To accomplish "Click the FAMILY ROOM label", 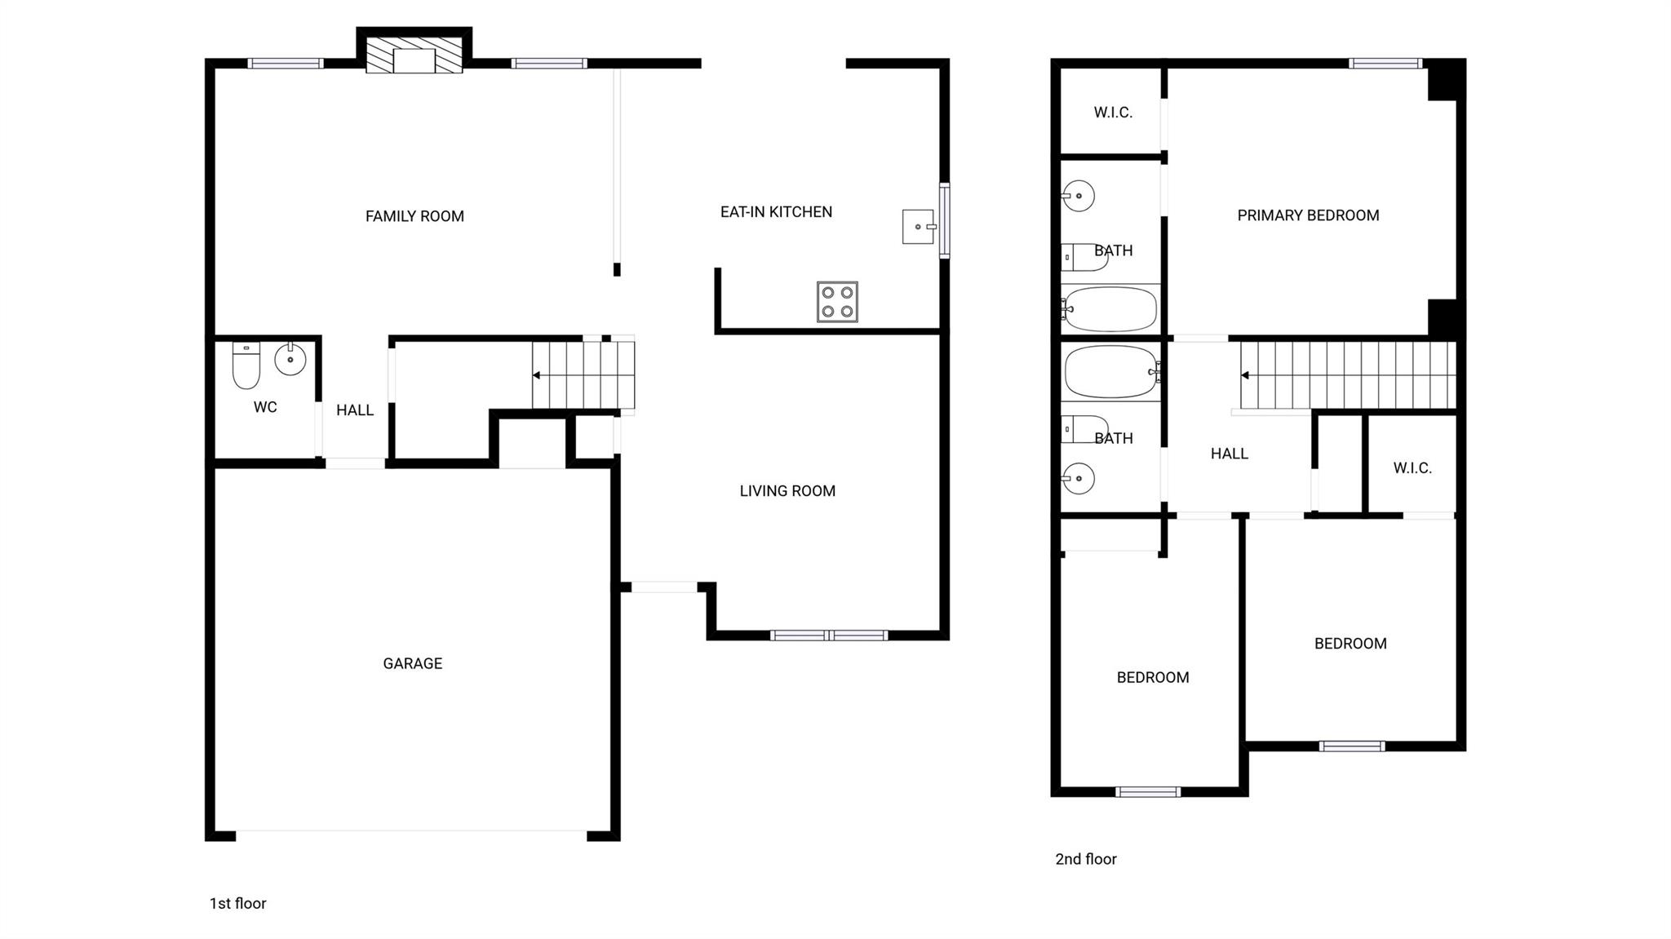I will click(414, 216).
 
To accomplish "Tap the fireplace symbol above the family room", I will click(414, 55).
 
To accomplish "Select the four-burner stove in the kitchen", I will click(837, 302).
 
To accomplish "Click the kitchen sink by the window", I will click(918, 227).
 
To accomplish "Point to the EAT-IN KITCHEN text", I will click(776, 212).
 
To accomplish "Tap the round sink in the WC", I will click(290, 359).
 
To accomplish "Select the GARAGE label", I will click(412, 663).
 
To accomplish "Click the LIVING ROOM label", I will click(787, 491).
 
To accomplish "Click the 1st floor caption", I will click(237, 903).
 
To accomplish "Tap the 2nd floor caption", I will click(1085, 859).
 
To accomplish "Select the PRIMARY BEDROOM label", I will click(1308, 215).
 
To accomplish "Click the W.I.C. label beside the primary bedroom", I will click(1113, 113).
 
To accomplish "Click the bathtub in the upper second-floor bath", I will click(1110, 308).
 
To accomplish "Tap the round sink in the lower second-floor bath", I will click(1079, 478).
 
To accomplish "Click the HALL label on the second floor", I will click(1229, 454).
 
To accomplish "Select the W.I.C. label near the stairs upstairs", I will click(1412, 468).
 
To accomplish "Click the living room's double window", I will click(829, 635).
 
